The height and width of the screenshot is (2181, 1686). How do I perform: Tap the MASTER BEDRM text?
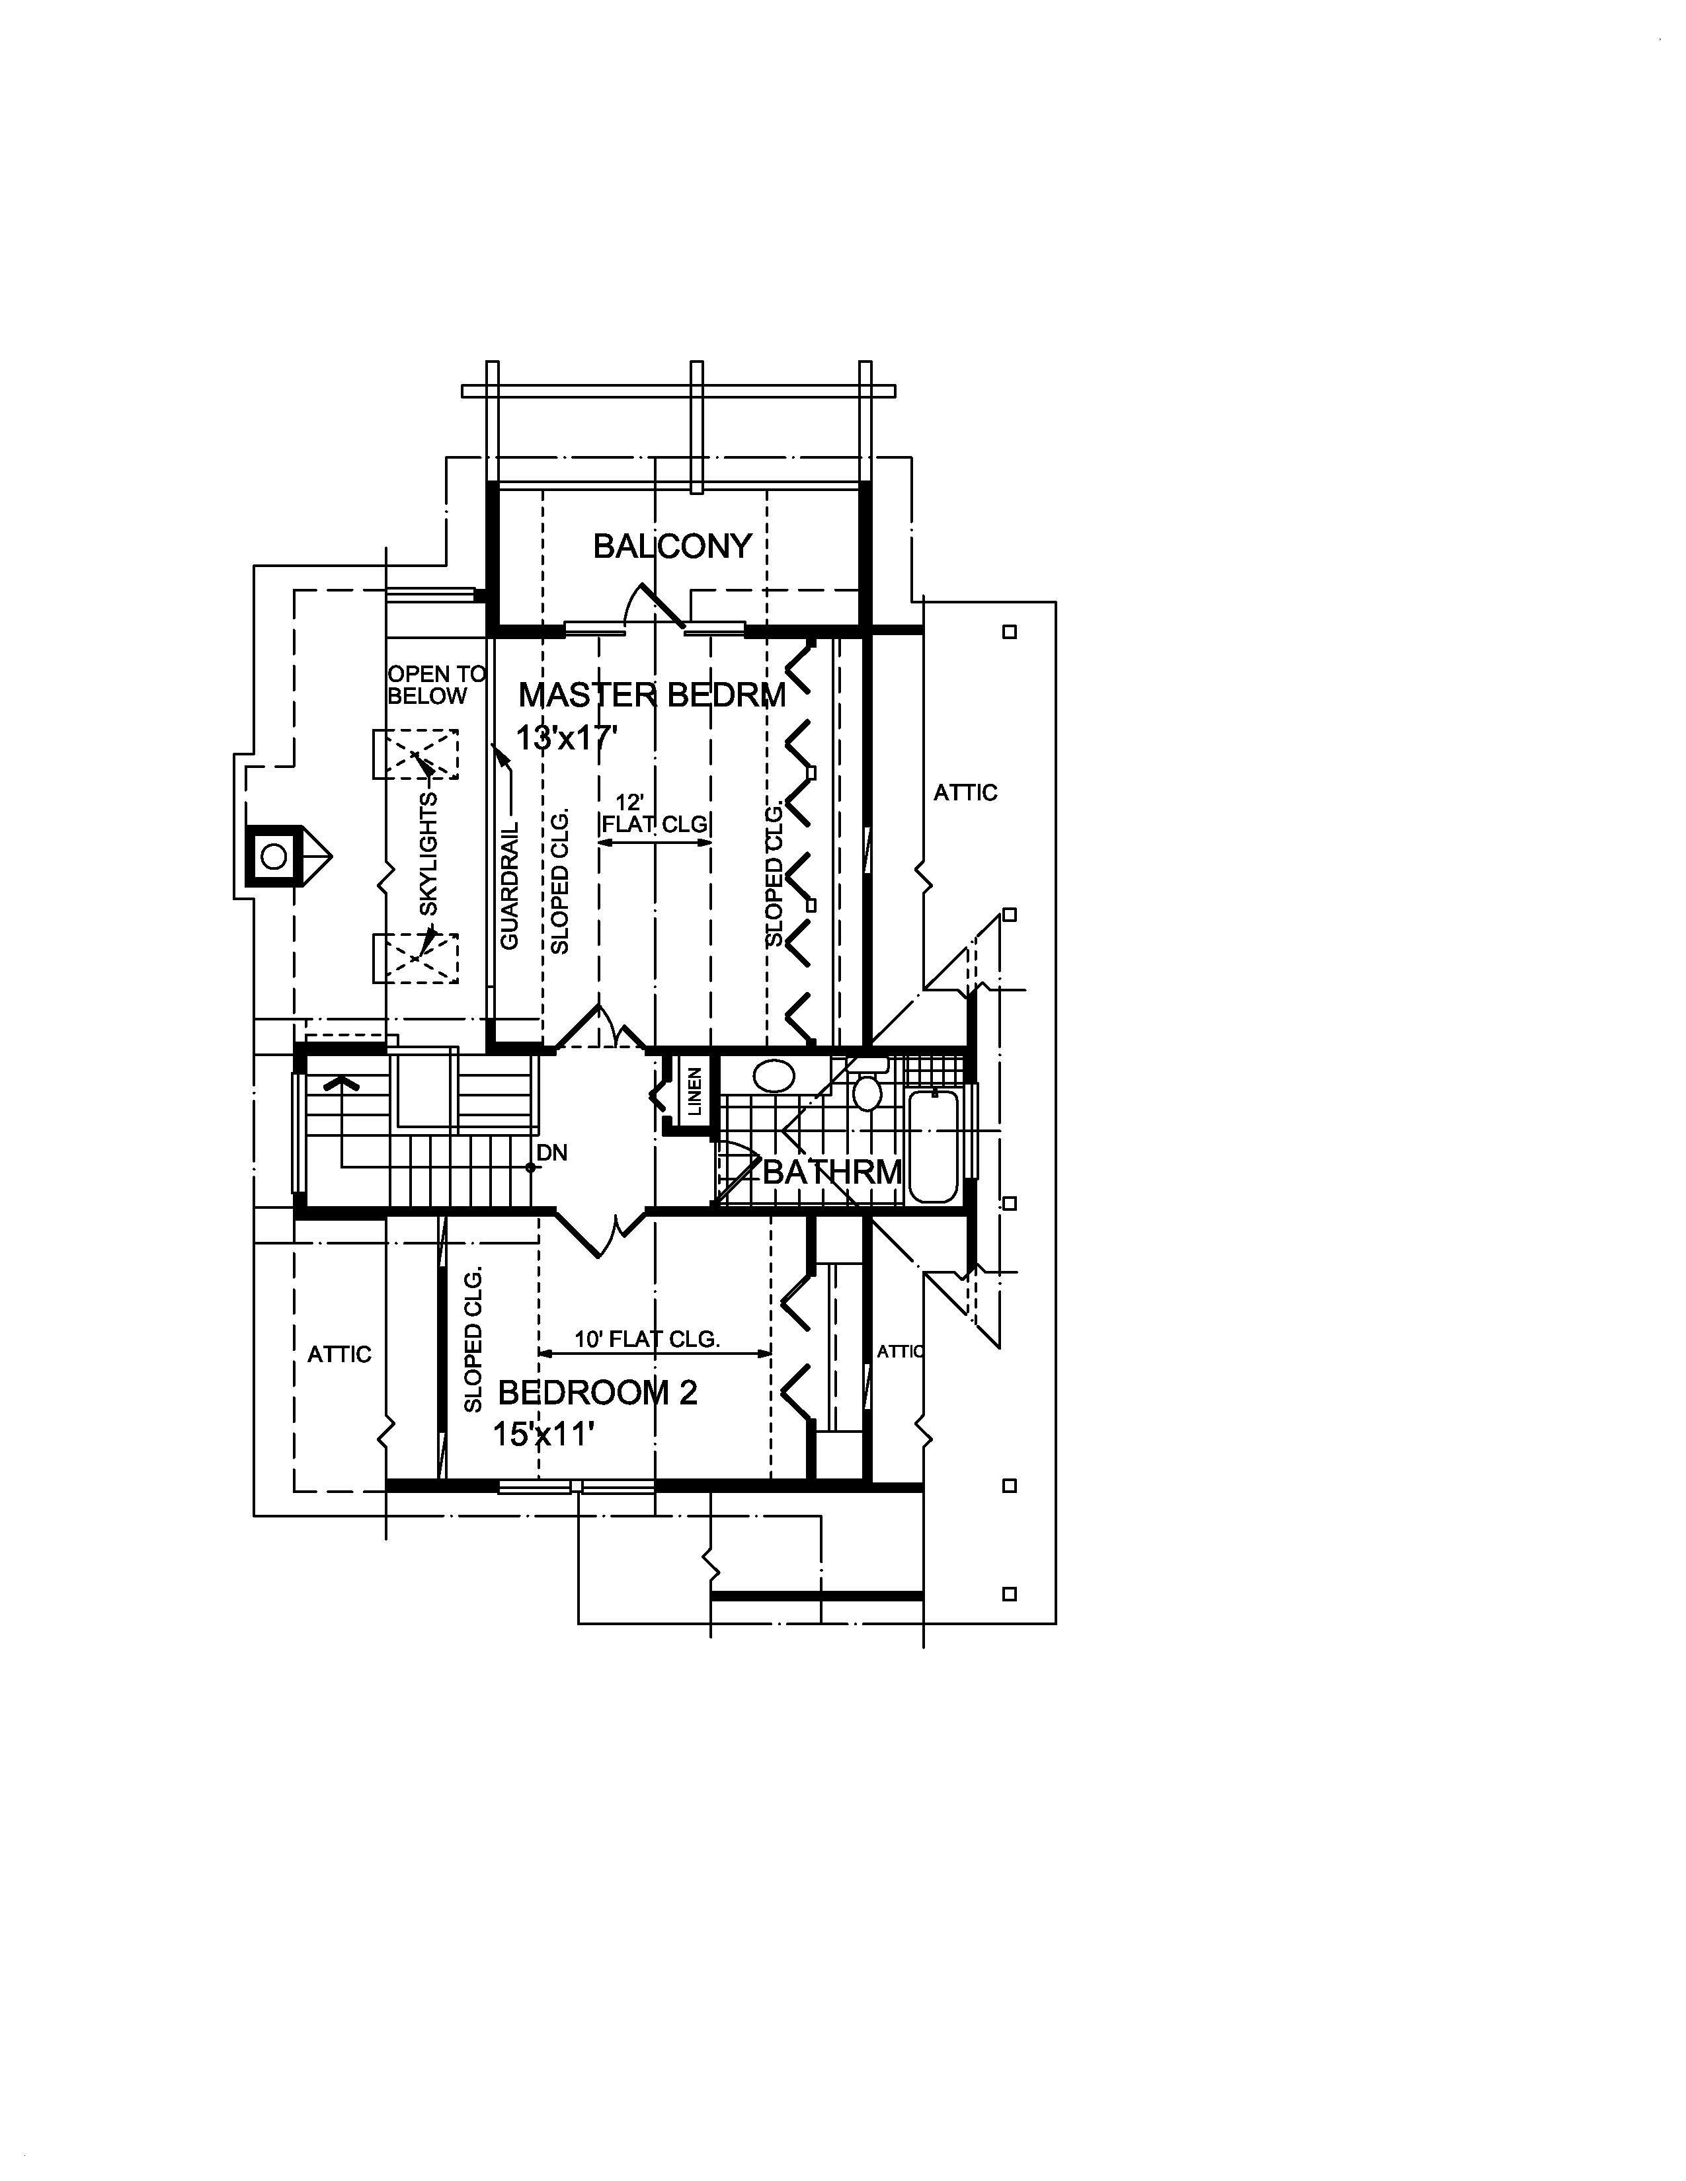(x=651, y=695)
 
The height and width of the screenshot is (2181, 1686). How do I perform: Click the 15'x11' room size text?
(x=543, y=1435)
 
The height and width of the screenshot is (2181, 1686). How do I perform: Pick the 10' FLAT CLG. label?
(x=647, y=1339)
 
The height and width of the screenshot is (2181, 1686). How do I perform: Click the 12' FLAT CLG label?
(x=654, y=814)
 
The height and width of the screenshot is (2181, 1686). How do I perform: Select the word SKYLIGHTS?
(x=428, y=854)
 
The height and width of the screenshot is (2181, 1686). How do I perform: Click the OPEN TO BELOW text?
(x=436, y=685)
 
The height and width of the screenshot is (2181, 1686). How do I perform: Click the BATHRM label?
(x=832, y=1171)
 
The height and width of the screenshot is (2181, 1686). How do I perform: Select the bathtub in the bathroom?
(x=934, y=1145)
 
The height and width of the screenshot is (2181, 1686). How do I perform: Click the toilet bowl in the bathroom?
(x=867, y=1092)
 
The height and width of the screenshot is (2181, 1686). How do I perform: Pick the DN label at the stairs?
(x=551, y=1153)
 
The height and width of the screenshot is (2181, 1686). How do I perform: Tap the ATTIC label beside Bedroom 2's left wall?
(x=339, y=1354)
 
